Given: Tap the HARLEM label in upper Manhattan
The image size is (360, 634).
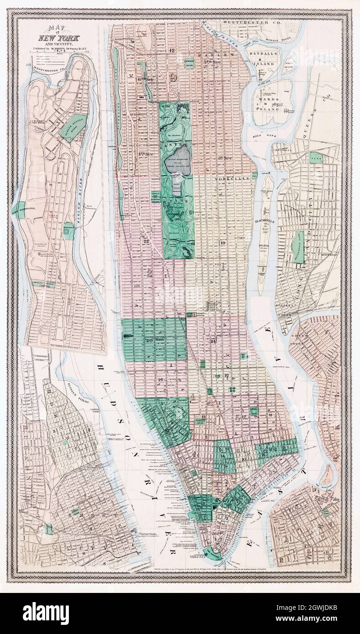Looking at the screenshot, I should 215,55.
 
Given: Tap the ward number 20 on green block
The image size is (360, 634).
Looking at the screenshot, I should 149,340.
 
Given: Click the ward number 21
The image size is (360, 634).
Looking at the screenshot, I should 213,341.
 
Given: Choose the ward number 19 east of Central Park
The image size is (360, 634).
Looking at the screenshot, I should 223,243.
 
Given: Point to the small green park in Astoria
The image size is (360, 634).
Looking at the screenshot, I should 315,157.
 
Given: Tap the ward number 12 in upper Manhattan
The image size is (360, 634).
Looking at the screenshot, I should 172,50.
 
